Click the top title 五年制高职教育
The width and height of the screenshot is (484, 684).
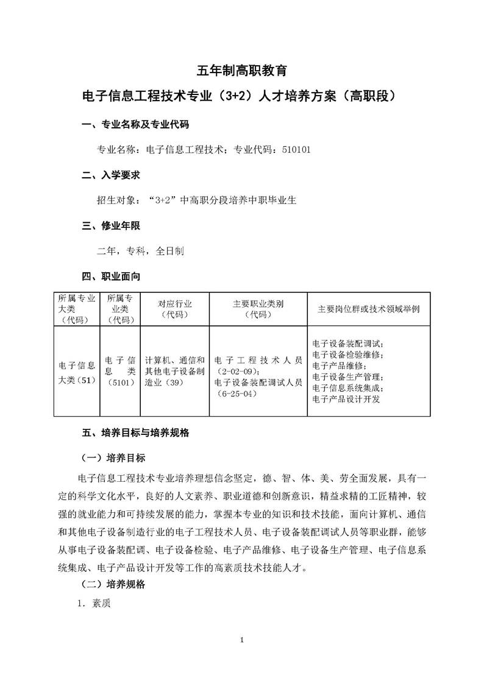243,70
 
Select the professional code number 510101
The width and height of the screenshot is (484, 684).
297,149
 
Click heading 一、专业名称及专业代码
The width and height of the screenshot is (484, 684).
135,125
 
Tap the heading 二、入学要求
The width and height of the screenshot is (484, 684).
111,175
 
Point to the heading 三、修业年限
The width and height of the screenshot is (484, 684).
111,225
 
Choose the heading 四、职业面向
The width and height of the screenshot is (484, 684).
111,277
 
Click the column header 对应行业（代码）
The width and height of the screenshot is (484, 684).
174,309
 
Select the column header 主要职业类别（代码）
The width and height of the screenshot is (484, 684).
258,309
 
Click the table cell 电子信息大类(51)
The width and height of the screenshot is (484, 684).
76,371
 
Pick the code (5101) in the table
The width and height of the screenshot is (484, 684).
119,382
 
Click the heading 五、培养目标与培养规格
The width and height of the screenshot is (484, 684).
135,433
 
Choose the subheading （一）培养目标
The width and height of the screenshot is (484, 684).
113,457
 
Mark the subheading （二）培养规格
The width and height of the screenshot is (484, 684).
113,584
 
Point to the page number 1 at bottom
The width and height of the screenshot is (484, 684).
242,657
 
